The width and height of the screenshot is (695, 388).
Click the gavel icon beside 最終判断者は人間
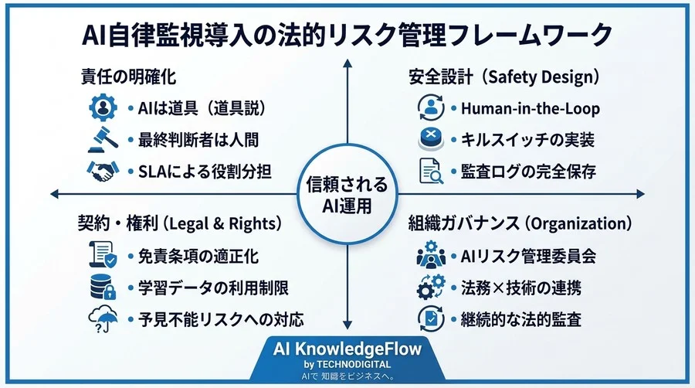103,140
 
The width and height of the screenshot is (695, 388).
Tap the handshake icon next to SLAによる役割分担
102,171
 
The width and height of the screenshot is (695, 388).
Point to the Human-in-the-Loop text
530,109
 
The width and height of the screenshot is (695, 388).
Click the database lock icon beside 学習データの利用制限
103,288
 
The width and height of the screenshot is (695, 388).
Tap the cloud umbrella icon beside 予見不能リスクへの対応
103,319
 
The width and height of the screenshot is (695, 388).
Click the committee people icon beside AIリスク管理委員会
430,256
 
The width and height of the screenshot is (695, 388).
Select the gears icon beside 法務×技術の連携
430,288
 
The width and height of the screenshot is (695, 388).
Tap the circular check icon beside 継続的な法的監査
430,318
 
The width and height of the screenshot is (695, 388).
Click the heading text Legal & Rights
222,224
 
